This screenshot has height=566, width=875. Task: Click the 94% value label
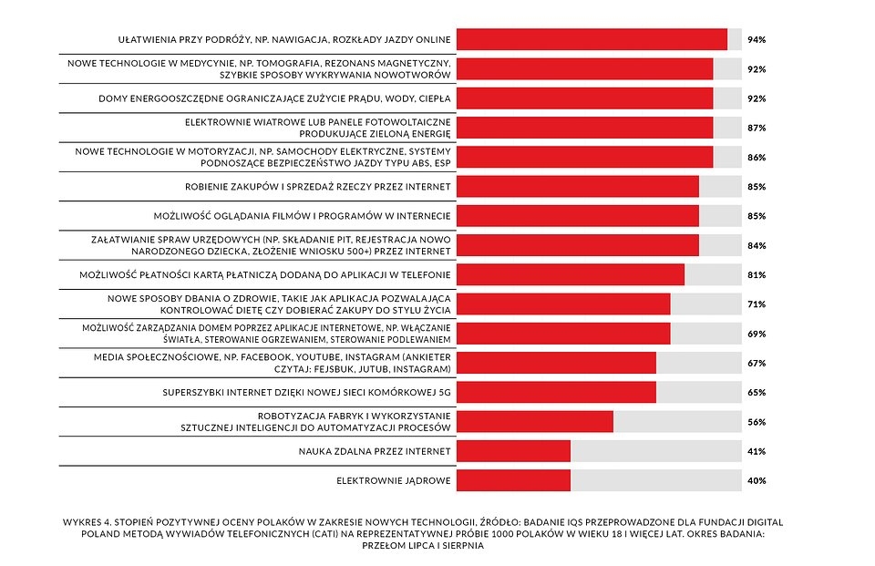coord(756,40)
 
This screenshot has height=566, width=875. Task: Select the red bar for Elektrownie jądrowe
coord(513,480)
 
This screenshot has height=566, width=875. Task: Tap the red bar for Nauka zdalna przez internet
coord(513,451)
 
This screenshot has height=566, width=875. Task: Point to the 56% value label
coord(756,422)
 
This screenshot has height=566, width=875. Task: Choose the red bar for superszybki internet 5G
coord(556,392)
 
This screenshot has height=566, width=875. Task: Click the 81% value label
coord(756,275)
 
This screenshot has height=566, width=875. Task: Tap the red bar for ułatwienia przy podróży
coord(592,40)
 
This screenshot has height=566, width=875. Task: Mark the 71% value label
coord(756,304)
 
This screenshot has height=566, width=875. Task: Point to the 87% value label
coord(756,129)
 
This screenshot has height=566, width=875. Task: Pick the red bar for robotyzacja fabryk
coord(534,421)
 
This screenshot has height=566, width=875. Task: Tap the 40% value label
coord(756,480)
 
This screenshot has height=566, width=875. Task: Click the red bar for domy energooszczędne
coord(584,98)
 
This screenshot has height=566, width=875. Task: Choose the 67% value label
coord(756,364)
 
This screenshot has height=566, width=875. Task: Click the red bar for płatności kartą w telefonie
coord(570,275)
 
